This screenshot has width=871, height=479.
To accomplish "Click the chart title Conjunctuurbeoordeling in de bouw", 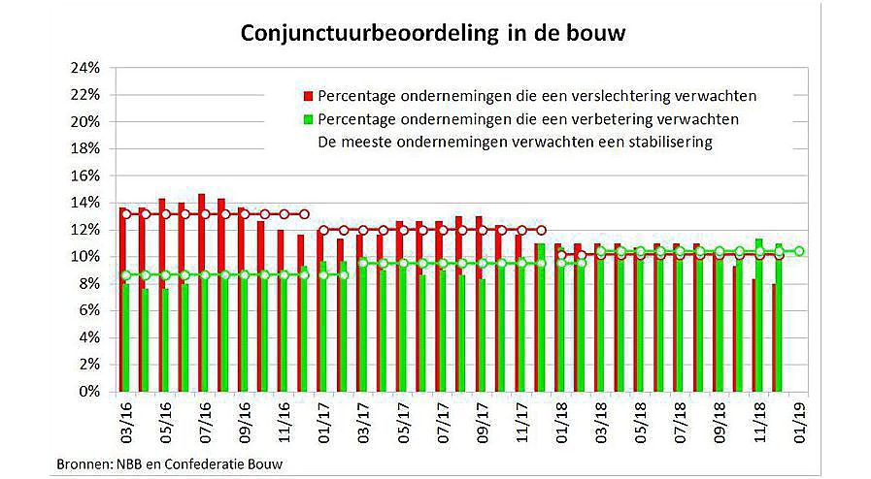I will [x=434, y=34].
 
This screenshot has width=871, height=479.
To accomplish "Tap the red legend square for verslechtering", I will [x=307, y=96].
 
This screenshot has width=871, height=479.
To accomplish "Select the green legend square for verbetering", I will [x=307, y=119].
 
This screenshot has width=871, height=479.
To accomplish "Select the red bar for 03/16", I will [x=121, y=301].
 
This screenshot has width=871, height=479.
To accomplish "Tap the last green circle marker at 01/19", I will [x=799, y=252].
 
